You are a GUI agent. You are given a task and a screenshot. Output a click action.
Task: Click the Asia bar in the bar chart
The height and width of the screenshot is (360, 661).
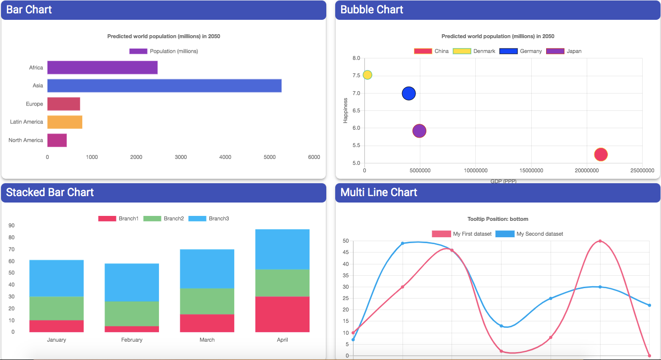164,86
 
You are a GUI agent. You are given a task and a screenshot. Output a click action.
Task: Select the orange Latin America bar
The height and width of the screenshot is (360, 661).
64,122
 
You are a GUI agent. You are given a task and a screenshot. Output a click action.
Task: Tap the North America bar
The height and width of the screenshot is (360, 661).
57,140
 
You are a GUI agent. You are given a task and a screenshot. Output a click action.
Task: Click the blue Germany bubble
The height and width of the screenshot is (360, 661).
408,93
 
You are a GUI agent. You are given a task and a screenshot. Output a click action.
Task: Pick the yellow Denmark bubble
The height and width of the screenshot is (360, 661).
367,75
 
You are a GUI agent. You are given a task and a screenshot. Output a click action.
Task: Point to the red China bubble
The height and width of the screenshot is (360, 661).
601,154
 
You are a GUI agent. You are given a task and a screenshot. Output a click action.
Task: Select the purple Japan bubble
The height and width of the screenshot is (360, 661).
419,131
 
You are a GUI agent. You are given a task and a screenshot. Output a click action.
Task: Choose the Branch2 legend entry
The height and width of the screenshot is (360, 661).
163,218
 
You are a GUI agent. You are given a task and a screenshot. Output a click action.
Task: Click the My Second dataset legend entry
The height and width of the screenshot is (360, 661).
529,234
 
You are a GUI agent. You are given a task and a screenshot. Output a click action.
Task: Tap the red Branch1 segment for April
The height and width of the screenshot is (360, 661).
282,314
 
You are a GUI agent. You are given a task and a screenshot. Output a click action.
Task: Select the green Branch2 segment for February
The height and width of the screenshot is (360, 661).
132,313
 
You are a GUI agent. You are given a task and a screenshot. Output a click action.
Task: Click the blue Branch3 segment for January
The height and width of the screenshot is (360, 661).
56,278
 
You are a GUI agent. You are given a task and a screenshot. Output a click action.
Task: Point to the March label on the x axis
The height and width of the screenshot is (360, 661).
207,340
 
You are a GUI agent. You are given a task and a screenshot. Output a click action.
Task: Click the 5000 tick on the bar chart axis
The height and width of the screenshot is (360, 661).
269,157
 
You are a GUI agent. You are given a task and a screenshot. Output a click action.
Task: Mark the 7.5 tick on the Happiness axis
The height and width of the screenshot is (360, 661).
356,76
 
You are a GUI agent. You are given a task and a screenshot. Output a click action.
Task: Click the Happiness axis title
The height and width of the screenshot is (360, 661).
346,110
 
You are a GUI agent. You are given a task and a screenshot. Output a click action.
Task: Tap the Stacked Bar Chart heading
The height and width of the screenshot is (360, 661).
50,192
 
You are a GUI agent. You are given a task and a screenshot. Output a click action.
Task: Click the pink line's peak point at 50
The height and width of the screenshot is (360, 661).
600,241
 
